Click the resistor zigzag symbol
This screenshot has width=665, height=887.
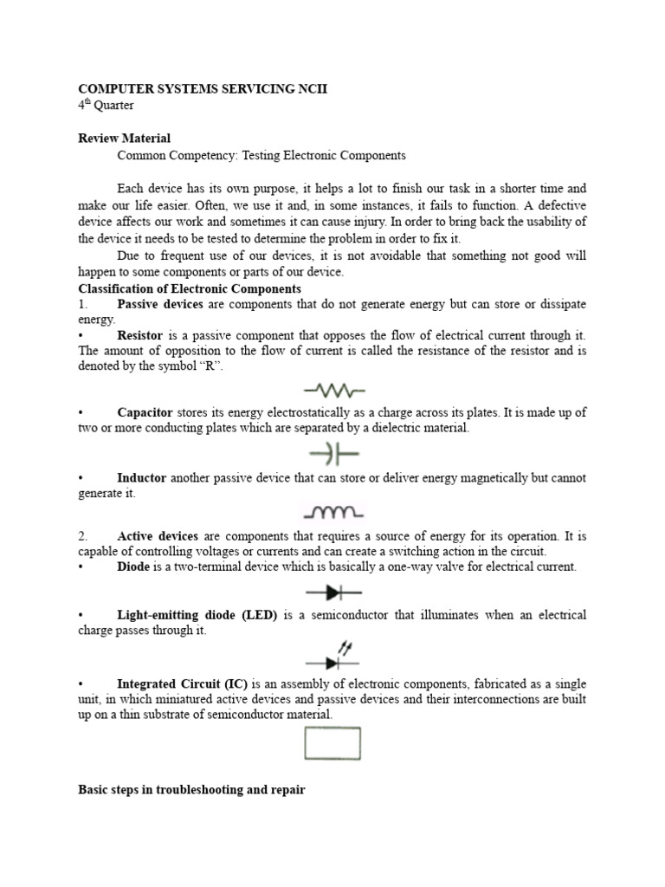click(x=333, y=391)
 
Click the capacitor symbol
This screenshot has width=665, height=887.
click(x=333, y=453)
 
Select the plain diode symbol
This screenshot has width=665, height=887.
click(x=333, y=592)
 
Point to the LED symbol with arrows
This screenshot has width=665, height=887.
click(x=333, y=657)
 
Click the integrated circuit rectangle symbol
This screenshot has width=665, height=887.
click(x=332, y=743)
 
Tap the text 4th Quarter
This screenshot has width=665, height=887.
click(x=106, y=106)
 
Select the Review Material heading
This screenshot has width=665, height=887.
click(x=125, y=139)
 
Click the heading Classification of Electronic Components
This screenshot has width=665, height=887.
click(x=190, y=288)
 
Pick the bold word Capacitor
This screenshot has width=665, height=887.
click(x=145, y=413)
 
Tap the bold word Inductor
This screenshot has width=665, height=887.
click(x=141, y=478)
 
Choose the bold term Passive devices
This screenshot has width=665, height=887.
click(x=159, y=304)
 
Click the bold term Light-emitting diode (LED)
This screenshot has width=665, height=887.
click(x=197, y=615)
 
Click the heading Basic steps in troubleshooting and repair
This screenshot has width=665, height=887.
click(x=191, y=791)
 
